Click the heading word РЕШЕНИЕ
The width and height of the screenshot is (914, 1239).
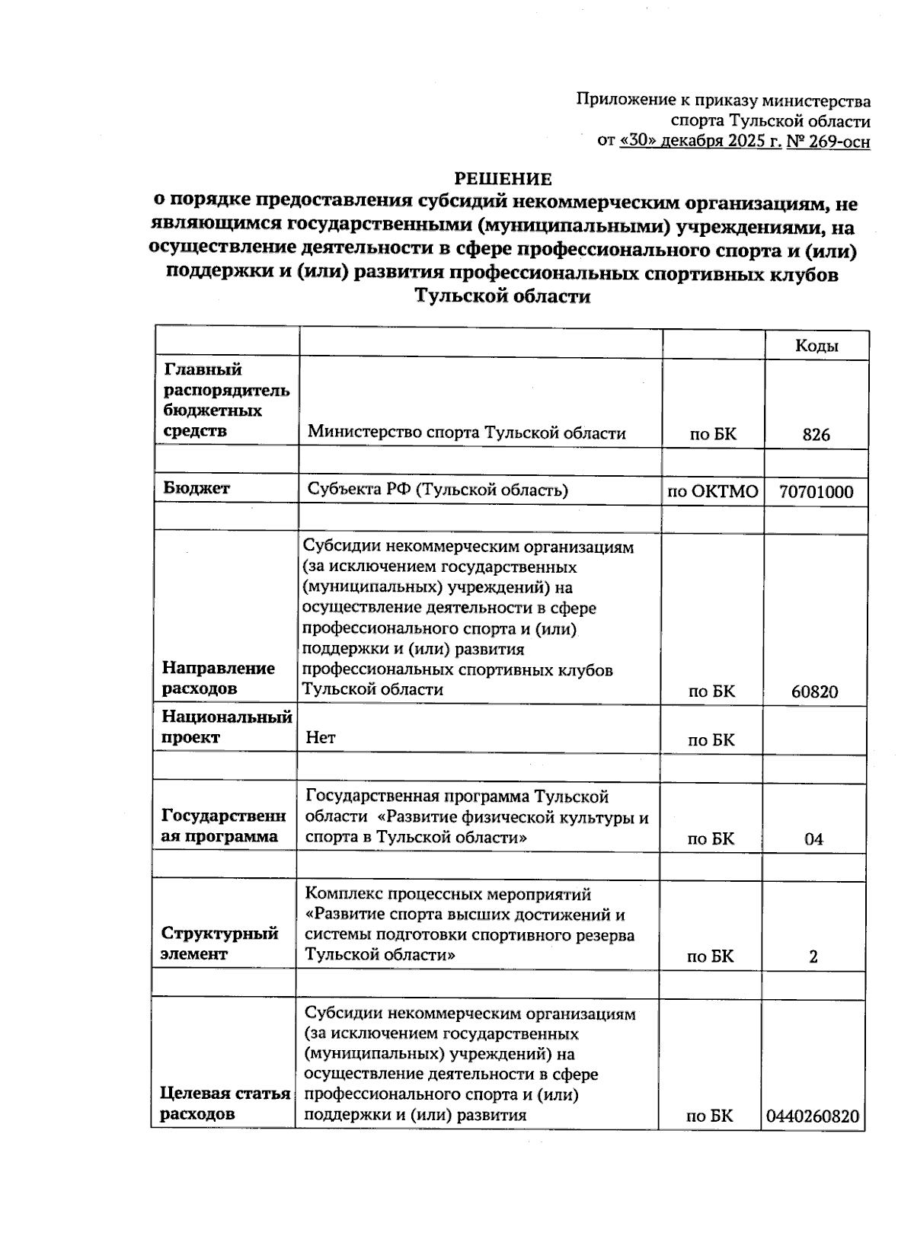(x=503, y=179)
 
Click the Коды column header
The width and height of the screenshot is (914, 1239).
(x=817, y=346)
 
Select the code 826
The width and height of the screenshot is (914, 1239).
(x=816, y=435)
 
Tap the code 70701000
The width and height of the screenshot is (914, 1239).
(x=816, y=492)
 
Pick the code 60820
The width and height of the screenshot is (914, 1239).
(x=814, y=691)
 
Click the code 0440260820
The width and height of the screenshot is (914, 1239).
(x=813, y=1116)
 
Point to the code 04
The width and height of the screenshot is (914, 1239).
(x=813, y=839)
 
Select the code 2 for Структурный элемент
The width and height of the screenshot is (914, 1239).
(x=813, y=956)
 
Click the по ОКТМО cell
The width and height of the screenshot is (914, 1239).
(x=713, y=492)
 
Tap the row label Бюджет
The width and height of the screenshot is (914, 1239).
(x=197, y=489)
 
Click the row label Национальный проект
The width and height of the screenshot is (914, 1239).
(x=226, y=726)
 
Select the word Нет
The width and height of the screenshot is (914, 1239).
(x=321, y=737)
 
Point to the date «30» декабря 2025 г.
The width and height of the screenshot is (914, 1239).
(x=701, y=142)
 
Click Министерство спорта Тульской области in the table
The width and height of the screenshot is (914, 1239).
(x=466, y=433)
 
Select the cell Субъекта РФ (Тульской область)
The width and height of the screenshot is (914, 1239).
(x=437, y=490)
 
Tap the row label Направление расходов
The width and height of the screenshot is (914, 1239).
(x=218, y=678)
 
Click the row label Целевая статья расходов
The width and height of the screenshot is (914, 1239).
(x=224, y=1103)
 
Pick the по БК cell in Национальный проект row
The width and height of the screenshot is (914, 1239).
(x=711, y=740)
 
